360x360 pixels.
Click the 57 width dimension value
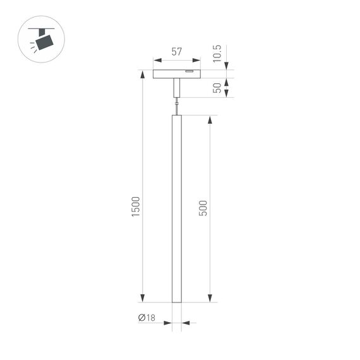[x=176, y=52]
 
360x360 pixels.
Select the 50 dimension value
[x=218, y=88]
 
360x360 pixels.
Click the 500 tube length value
[x=203, y=208]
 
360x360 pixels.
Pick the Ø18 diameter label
[x=147, y=318]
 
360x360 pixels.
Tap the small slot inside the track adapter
[x=189, y=72]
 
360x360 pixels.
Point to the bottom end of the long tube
[x=177, y=300]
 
